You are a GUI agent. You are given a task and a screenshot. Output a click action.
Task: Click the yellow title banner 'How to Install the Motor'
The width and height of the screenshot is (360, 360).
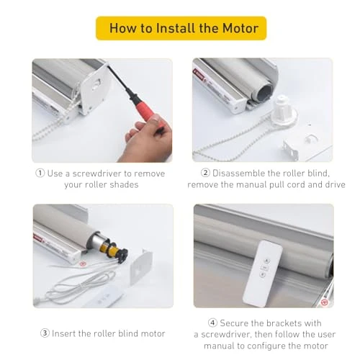(181, 28)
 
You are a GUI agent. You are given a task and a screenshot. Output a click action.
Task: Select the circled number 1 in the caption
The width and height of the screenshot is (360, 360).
(40, 174)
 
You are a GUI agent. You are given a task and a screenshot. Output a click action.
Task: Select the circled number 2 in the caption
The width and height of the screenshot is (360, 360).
(204, 174)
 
